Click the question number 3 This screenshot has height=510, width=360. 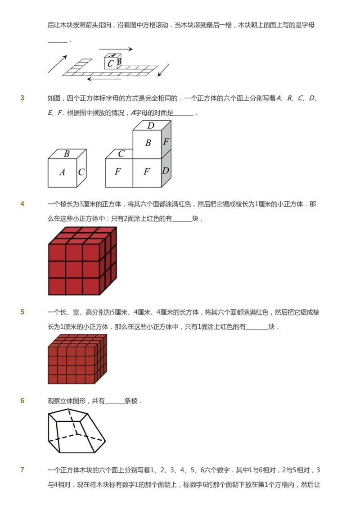(x=22, y=98)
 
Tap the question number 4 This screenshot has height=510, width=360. (x=22, y=204)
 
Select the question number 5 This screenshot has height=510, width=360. (x=22, y=312)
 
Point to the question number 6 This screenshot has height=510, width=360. (x=22, y=401)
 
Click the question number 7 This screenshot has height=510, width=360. (x=22, y=470)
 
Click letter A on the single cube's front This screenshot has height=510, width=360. (x=62, y=172)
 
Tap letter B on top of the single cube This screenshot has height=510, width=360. (x=67, y=153)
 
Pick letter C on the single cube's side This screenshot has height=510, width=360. (x=81, y=172)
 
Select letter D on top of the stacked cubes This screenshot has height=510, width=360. (x=151, y=126)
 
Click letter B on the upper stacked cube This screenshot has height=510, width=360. (x=148, y=143)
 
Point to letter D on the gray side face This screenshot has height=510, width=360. (x=166, y=171)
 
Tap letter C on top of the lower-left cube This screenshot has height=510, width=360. (x=121, y=154)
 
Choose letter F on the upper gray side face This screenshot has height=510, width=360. (x=166, y=142)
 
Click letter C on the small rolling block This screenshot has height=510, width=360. (x=110, y=63)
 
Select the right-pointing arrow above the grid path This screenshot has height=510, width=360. (x=116, y=49)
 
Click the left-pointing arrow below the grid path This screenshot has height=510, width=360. (x=104, y=79)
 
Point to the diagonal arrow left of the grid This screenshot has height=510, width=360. (x=57, y=64)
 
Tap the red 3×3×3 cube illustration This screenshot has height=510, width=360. (x=82, y=261)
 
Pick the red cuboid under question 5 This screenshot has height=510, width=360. (x=77, y=359)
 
